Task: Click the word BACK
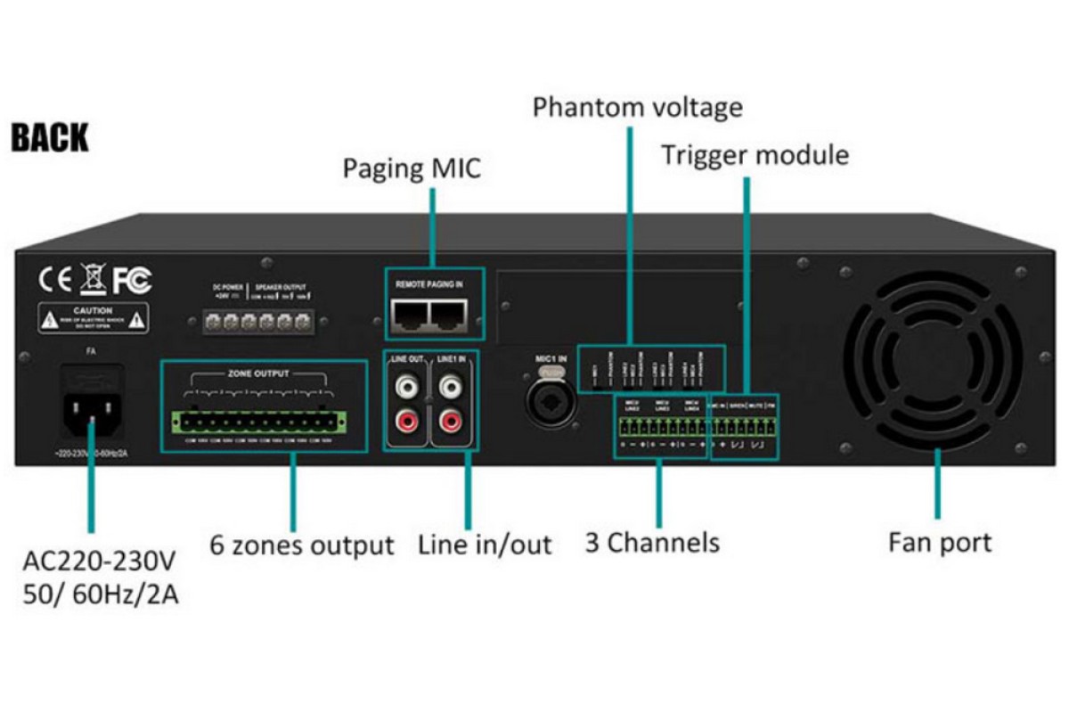pyautogui.click(x=50, y=138)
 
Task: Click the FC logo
pyautogui.click(x=131, y=280)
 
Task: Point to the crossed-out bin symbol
pyautogui.click(x=93, y=279)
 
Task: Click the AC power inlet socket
pyautogui.click(x=91, y=406)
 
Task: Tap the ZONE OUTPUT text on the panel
pyautogui.click(x=264, y=374)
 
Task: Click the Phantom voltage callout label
pyautogui.click(x=637, y=108)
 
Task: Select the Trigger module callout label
pyautogui.click(x=755, y=156)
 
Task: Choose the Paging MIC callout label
pyautogui.click(x=412, y=168)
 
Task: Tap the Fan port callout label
pyautogui.click(x=939, y=541)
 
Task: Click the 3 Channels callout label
pyautogui.click(x=652, y=542)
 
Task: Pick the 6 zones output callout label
pyautogui.click(x=302, y=544)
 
